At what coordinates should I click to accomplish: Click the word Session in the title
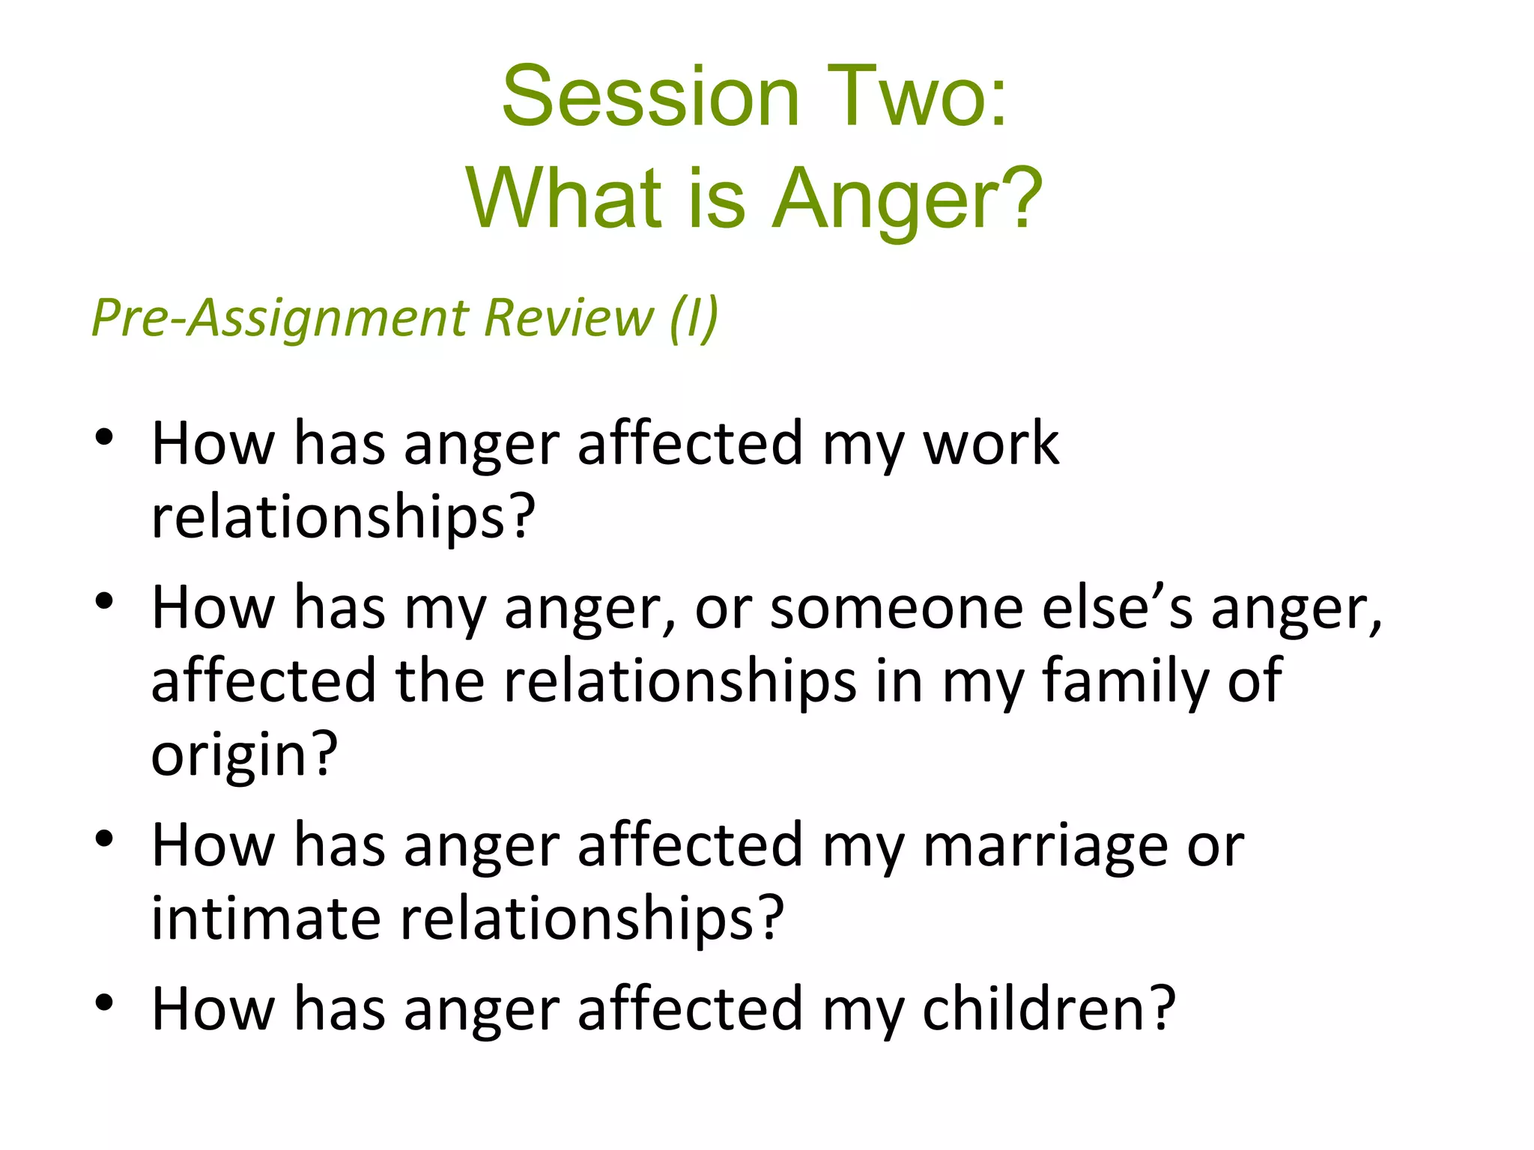coord(650,97)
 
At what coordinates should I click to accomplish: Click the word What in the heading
coord(563,198)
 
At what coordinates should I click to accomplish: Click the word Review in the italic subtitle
coord(569,317)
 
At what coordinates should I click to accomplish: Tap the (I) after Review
coord(694,317)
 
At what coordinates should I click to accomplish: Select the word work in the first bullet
coord(990,444)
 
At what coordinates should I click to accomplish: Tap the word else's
coord(1117,608)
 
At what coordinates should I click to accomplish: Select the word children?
coord(1048,1009)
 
